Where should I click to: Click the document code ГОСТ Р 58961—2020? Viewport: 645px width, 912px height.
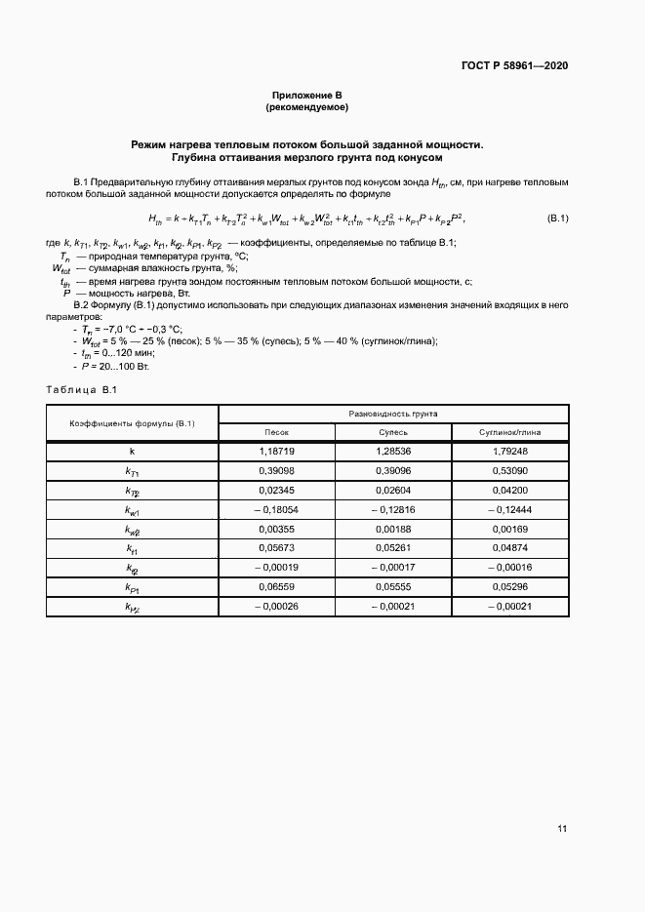(513, 65)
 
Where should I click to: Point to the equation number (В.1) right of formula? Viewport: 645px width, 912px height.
(557, 218)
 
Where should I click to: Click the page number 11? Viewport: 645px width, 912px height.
(562, 829)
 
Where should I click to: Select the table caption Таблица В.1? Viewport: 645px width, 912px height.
(82, 390)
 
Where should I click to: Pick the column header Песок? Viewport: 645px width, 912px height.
(277, 432)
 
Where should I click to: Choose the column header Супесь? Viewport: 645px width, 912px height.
(393, 432)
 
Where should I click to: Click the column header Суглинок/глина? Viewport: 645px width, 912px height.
(509, 432)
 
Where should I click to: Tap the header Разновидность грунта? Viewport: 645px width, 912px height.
(393, 414)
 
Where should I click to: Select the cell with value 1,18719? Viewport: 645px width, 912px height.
(277, 451)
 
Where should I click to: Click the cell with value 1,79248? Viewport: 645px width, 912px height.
(509, 451)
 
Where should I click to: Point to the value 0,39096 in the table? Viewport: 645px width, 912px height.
(393, 470)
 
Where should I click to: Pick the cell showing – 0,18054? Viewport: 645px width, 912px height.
(277, 509)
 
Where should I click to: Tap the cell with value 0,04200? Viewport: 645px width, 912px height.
(509, 490)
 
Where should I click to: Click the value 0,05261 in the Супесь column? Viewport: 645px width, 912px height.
(393, 548)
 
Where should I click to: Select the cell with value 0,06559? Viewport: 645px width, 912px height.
(277, 587)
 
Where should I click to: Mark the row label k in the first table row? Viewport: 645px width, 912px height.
(132, 451)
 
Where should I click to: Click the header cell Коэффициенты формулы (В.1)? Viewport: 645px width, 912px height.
(132, 423)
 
